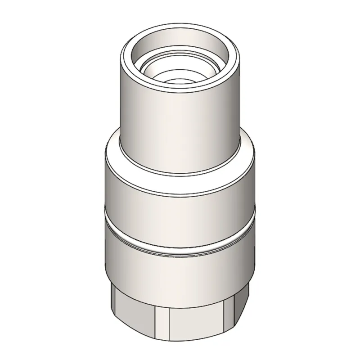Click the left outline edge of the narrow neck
[x=120, y=103]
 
